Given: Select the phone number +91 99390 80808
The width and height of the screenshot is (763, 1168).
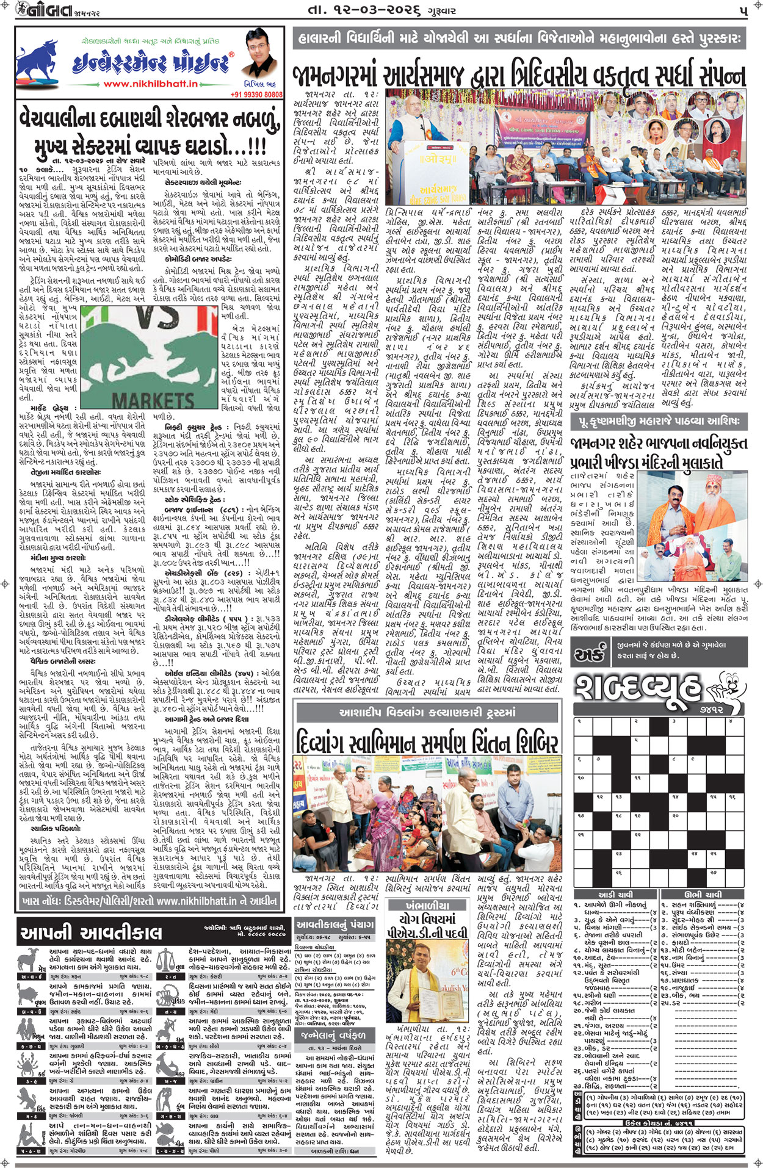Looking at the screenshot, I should pyautogui.click(x=256, y=95).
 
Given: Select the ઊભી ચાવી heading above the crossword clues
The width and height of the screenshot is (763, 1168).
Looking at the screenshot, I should pyautogui.click(x=702, y=895).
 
